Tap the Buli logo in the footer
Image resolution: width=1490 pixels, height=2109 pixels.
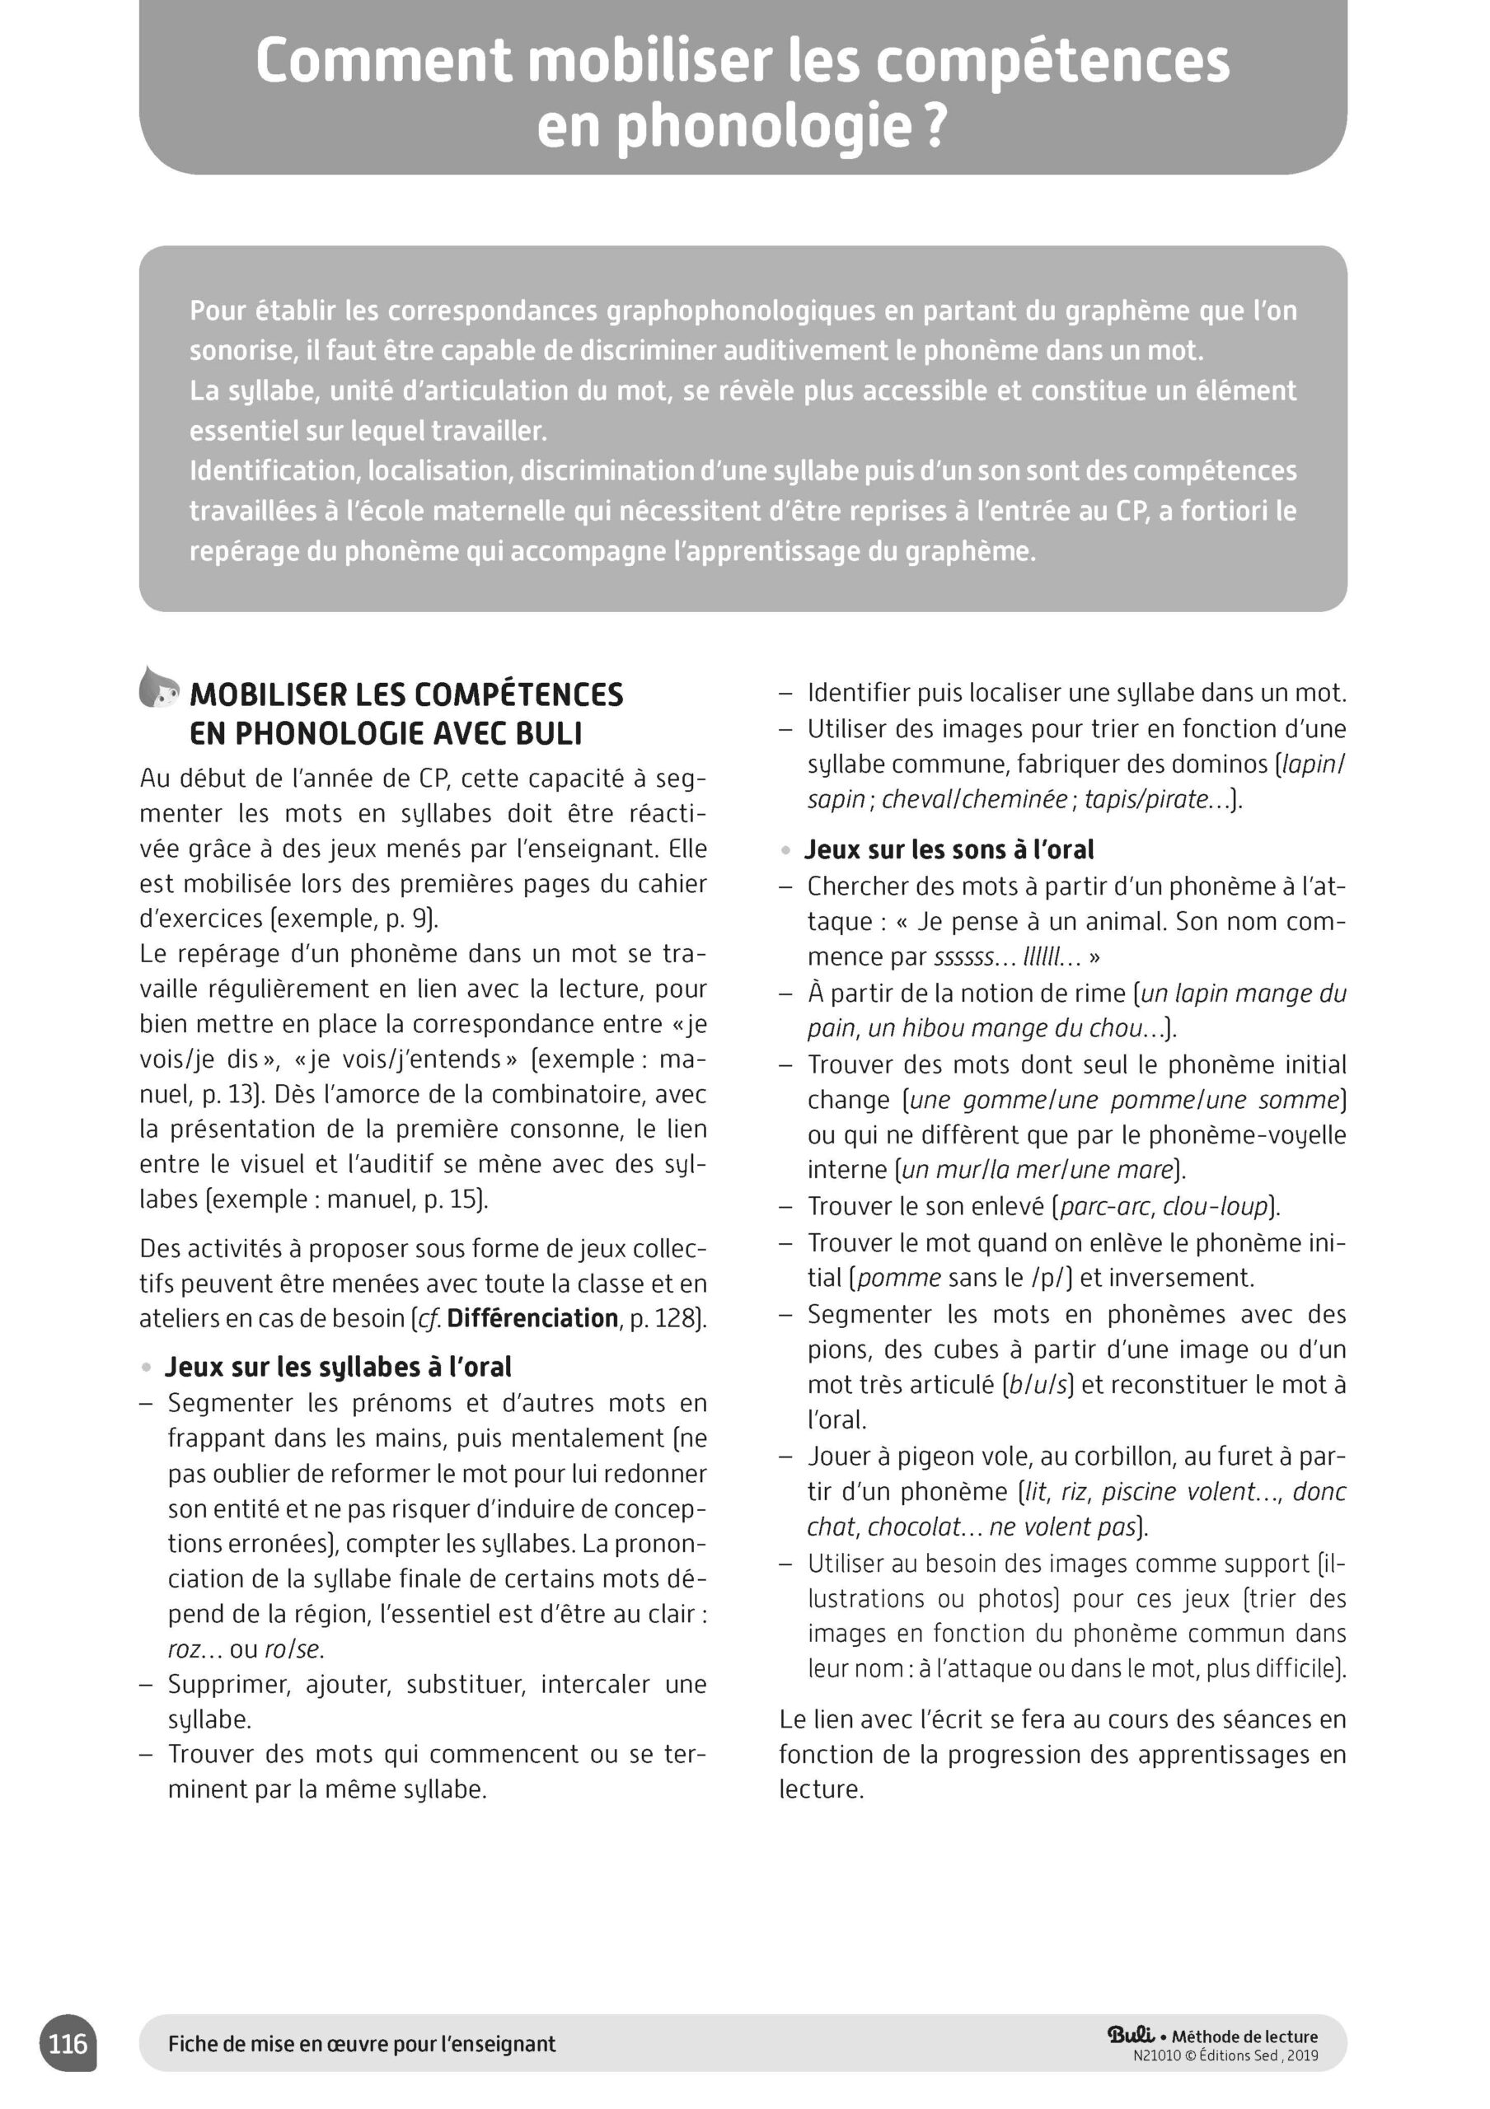click(x=1131, y=2034)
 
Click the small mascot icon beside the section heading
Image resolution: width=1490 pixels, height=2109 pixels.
click(x=158, y=688)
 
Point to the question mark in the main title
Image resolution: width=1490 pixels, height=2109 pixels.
click(x=935, y=128)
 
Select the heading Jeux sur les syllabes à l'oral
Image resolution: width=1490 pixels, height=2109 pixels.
click(x=337, y=1368)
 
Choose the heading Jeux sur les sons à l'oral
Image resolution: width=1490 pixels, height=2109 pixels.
click(x=949, y=849)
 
